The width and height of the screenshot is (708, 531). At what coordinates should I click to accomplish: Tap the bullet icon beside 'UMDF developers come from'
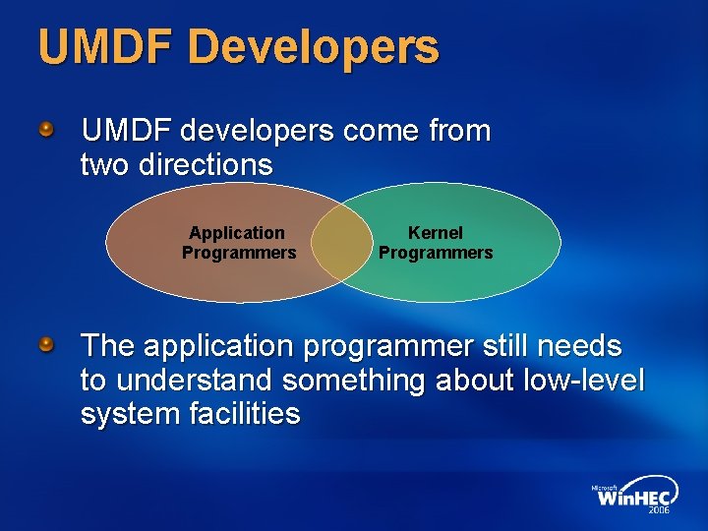click(x=46, y=129)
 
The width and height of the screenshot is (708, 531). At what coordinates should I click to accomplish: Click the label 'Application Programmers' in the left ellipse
click(x=238, y=243)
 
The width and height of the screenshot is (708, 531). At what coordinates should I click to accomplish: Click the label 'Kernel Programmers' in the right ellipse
click(x=436, y=243)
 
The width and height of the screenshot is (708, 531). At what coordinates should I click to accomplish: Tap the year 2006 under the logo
click(x=658, y=511)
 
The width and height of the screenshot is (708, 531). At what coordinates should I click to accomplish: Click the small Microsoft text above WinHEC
click(x=604, y=487)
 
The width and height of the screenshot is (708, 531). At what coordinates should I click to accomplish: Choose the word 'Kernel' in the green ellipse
click(x=436, y=233)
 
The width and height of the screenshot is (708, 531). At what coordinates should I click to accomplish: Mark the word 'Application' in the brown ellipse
click(x=237, y=233)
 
